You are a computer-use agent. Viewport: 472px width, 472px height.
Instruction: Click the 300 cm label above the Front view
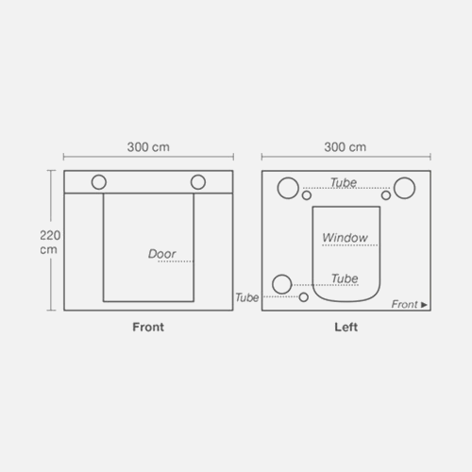pos(148,147)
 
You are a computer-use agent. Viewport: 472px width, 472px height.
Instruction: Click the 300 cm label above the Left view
pos(346,147)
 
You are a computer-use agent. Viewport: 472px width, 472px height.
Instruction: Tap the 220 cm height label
pos(50,243)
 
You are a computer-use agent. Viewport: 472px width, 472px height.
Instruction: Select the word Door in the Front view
pos(161,254)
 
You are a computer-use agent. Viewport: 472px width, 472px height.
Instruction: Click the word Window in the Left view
pos(345,238)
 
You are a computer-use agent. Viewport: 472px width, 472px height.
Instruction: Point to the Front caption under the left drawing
pos(148,327)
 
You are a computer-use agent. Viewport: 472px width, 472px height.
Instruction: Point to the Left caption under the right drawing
pos(346,327)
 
